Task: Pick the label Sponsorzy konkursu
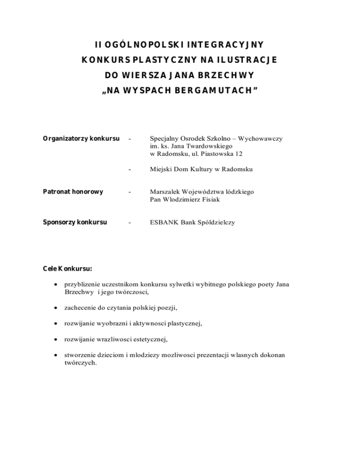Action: pyautogui.click(x=75, y=222)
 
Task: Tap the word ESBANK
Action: pyautogui.click(x=164, y=222)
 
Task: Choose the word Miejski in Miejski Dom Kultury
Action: pyautogui.click(x=160, y=169)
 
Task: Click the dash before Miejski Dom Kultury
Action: pyautogui.click(x=129, y=169)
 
